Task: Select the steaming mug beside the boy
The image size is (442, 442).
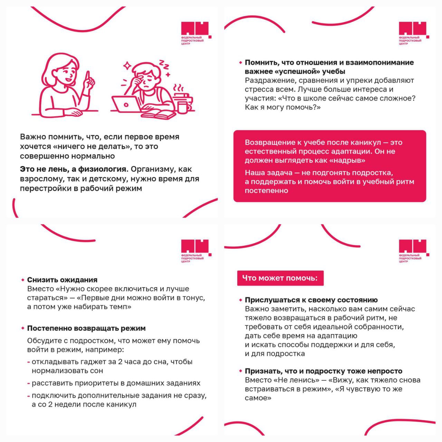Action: click(x=182, y=104)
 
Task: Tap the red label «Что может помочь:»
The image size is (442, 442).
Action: click(x=280, y=278)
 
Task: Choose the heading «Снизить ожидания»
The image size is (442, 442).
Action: click(x=62, y=280)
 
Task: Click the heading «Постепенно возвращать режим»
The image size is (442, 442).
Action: click(x=86, y=328)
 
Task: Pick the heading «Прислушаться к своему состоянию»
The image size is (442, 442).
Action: click(x=311, y=300)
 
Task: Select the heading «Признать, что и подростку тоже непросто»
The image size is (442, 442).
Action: click(x=324, y=371)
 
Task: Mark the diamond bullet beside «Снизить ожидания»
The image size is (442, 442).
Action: click(x=23, y=280)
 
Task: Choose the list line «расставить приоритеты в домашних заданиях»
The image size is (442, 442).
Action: click(x=116, y=383)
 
